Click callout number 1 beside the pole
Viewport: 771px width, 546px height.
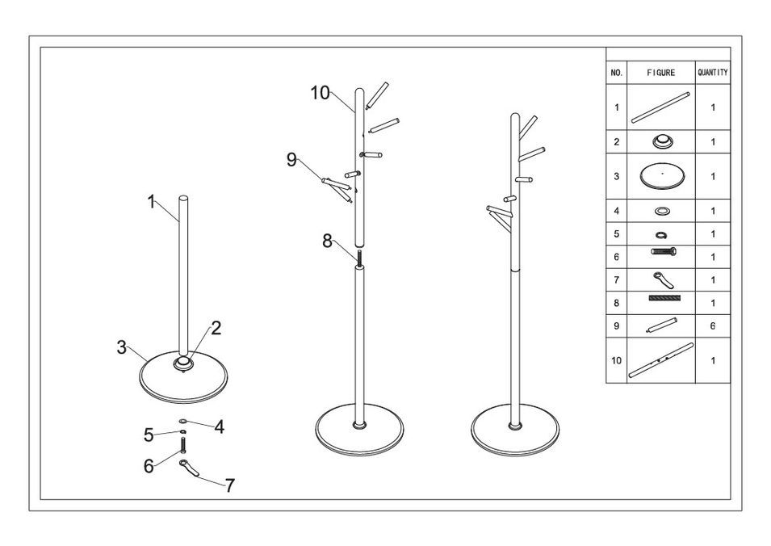[152, 202]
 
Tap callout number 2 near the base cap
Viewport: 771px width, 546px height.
[216, 328]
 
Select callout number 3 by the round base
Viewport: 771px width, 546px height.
[122, 347]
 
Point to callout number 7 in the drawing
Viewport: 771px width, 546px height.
[230, 486]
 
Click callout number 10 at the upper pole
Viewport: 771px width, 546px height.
[321, 93]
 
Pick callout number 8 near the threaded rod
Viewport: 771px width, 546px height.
[327, 241]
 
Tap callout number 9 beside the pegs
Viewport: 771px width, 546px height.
[292, 159]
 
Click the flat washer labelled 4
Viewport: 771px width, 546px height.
[183, 421]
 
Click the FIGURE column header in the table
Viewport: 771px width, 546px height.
[660, 73]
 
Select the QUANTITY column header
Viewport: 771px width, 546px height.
[712, 73]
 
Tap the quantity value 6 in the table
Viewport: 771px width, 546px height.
[713, 327]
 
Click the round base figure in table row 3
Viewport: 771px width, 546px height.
[660, 176]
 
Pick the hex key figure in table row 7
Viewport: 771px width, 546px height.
[660, 279]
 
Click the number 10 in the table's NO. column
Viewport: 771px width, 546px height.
[617, 361]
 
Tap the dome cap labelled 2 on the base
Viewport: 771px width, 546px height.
[185, 364]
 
